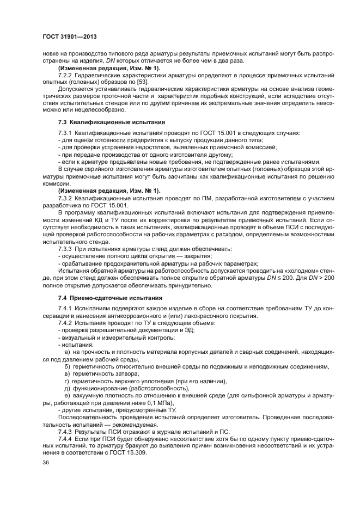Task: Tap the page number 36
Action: [46, 462]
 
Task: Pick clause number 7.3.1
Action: [66, 133]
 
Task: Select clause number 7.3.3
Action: [66, 249]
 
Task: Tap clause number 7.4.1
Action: [66, 309]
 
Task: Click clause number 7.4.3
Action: [66, 431]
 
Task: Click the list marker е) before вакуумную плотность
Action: [67, 396]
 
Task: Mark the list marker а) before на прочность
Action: [67, 352]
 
